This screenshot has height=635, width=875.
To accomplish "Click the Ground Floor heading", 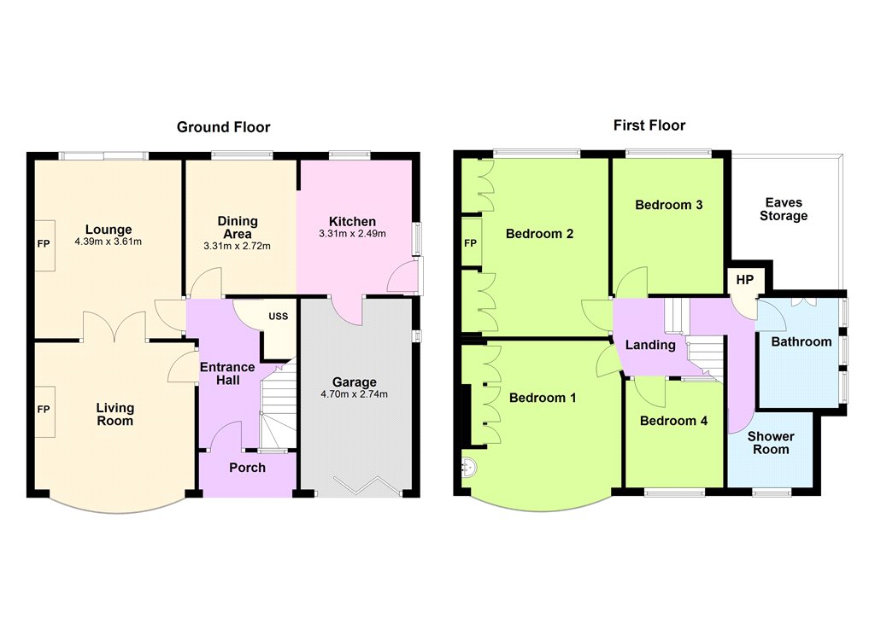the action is [223, 127].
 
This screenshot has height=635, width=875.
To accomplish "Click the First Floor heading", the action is [649, 125].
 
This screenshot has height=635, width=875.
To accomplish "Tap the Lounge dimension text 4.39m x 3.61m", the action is [109, 242].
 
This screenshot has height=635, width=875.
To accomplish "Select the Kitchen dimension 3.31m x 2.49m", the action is [352, 234].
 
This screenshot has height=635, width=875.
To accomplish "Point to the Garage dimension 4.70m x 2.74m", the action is [355, 394].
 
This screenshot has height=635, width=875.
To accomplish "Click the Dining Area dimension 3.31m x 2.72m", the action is [238, 246].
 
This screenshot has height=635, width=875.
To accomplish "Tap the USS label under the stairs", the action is [279, 316].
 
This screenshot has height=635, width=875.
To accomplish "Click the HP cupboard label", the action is [745, 280].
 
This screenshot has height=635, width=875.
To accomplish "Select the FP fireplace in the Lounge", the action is [44, 245].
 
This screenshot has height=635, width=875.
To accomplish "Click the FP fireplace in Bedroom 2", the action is [472, 242].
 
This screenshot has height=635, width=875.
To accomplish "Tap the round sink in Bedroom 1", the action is [468, 467].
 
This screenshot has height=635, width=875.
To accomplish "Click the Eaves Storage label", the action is [784, 209].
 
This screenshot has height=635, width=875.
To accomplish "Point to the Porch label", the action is [247, 468].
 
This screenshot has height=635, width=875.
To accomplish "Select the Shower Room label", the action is [771, 443].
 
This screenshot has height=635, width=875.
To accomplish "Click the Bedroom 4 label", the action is [673, 421].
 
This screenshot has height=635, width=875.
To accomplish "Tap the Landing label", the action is [650, 345].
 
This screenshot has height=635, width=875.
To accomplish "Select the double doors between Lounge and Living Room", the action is [115, 327].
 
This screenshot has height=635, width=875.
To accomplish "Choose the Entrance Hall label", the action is [227, 374].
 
